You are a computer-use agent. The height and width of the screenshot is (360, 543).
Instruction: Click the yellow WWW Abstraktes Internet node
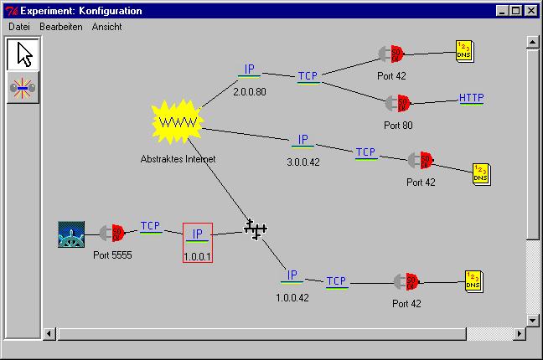177,123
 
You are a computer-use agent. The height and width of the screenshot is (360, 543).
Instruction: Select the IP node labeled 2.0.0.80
249,70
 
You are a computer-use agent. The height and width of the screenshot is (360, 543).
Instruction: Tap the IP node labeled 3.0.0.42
303,141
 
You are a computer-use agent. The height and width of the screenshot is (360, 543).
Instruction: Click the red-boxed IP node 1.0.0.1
198,235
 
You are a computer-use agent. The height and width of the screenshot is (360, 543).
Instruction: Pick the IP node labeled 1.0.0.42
292,275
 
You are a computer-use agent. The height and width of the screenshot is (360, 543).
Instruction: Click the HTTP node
472,99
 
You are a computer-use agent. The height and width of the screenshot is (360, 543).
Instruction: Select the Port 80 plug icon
397,103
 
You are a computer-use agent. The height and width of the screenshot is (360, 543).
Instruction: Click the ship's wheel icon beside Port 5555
72,234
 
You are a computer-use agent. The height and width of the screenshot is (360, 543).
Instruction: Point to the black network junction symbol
256,228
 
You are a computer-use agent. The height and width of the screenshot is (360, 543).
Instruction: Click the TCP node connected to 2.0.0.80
308,77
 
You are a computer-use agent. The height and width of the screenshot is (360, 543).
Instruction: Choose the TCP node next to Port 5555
151,226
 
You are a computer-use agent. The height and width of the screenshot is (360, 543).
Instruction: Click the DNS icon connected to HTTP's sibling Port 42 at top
464,49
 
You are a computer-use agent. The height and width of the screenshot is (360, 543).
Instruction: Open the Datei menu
18,27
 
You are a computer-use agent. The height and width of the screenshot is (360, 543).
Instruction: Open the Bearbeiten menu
61,27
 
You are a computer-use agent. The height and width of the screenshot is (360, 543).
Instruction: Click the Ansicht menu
106,27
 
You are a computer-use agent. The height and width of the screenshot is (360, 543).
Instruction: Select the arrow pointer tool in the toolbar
24,54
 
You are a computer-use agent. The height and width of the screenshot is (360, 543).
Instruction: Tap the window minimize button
502,11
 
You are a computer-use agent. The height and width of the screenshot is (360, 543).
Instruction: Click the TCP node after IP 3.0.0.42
365,153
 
